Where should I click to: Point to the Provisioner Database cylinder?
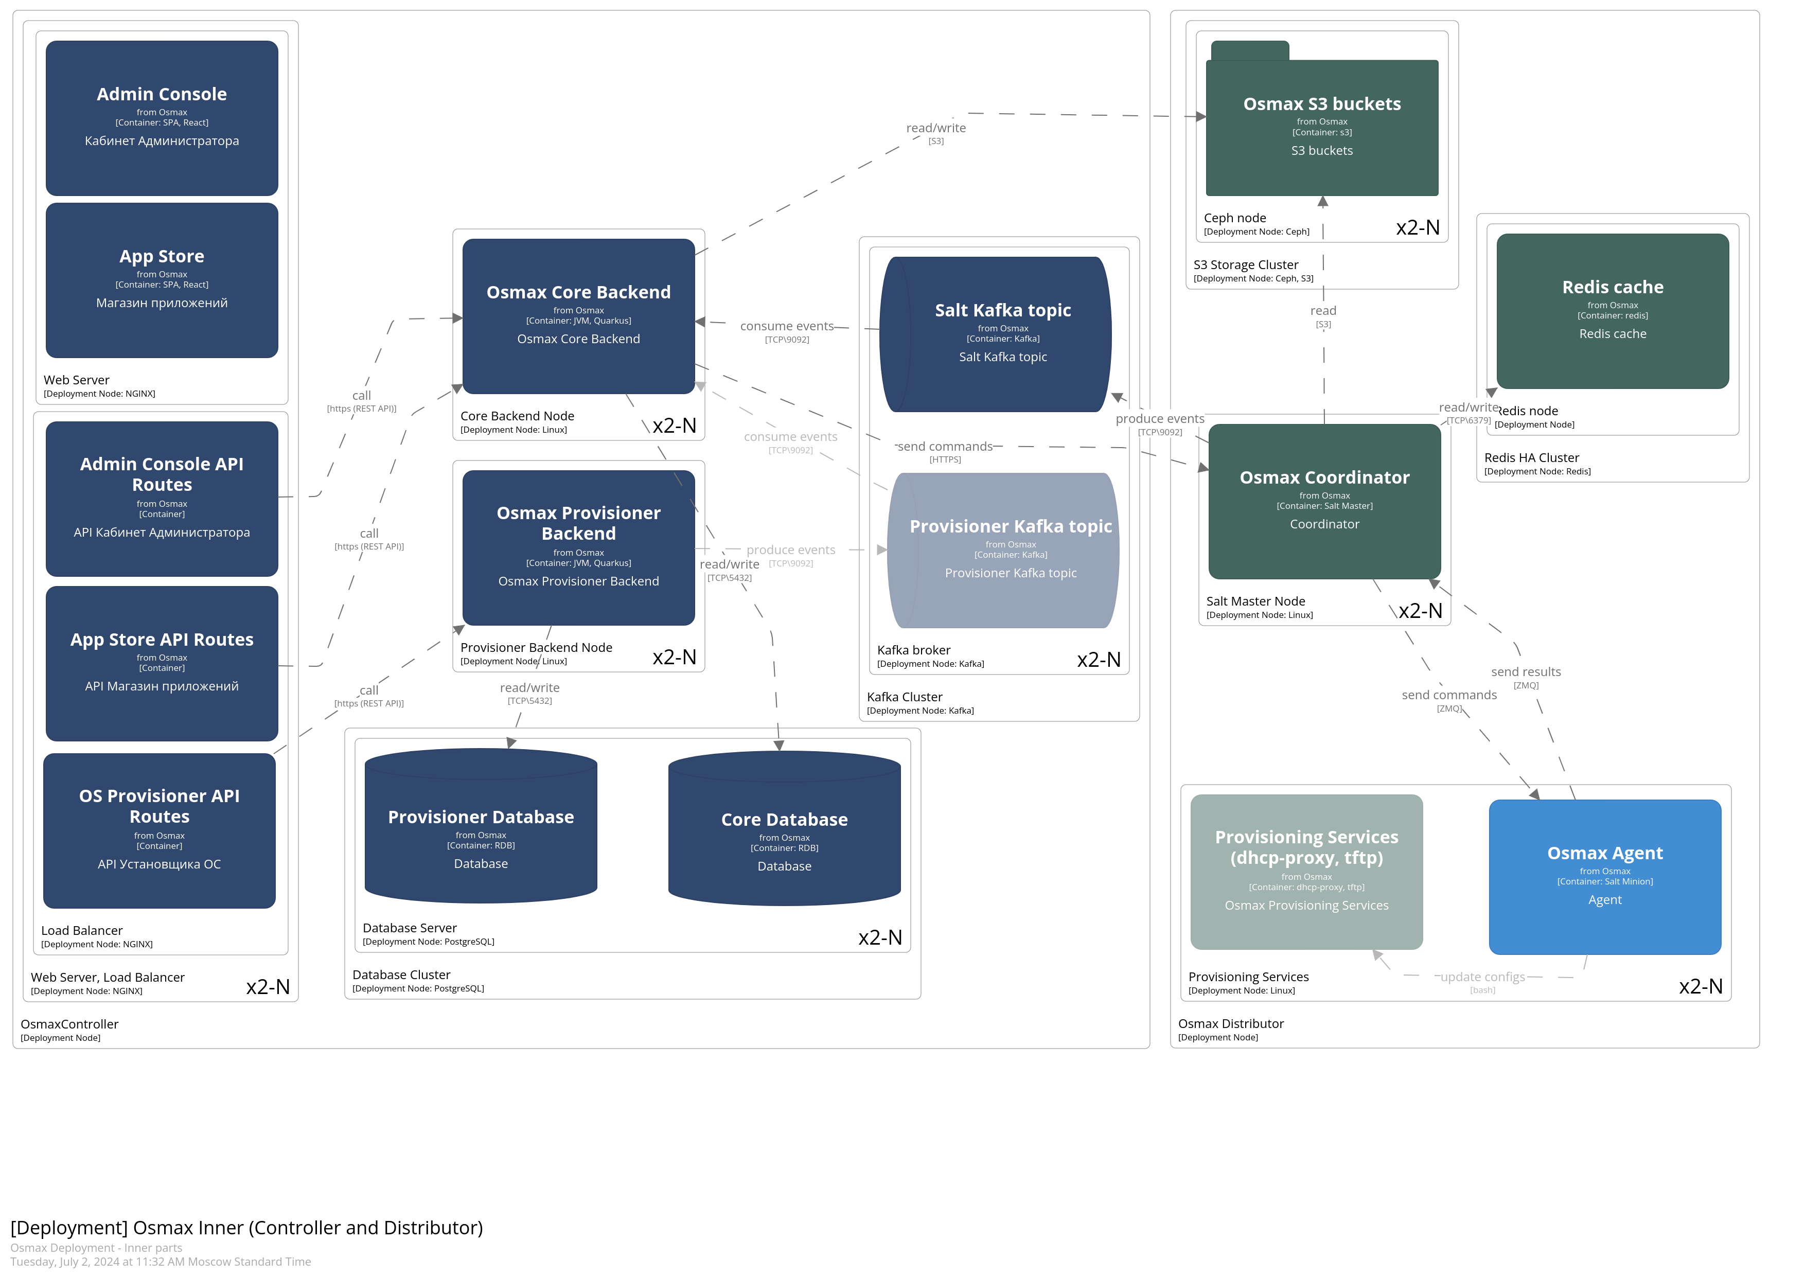click(x=481, y=825)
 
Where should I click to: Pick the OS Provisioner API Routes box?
click(x=159, y=830)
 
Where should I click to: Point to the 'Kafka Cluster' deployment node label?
click(x=904, y=697)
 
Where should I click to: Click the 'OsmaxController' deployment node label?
click(x=69, y=1024)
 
